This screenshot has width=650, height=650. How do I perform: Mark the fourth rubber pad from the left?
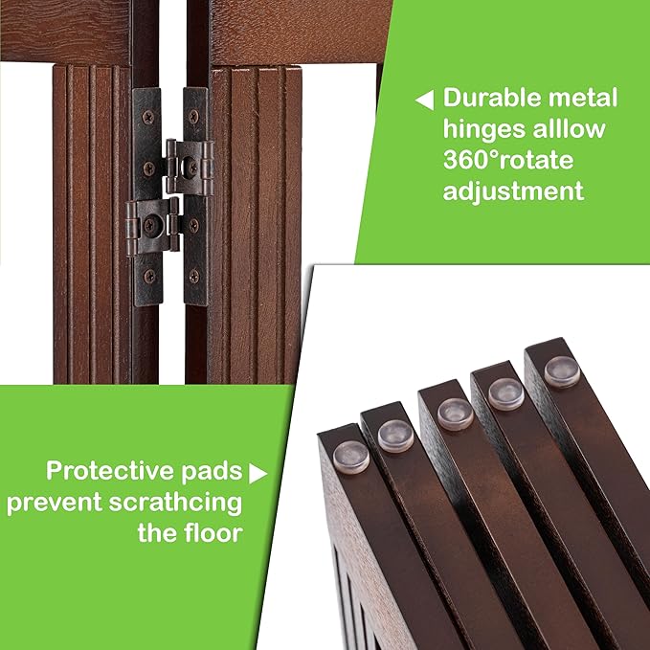tap(504, 391)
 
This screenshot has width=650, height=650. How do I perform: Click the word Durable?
tap(496, 98)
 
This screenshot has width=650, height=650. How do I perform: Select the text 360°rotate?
tap(506, 159)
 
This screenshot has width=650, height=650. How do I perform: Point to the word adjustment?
tap(512, 191)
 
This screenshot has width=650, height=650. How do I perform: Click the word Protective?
tap(103, 471)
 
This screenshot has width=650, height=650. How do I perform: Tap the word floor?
tap(209, 532)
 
